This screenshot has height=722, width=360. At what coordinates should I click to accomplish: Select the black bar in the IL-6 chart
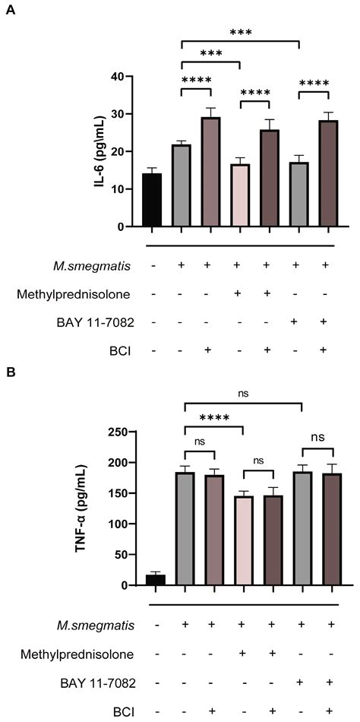[152, 201]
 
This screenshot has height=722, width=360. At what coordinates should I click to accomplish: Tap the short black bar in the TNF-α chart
[155, 580]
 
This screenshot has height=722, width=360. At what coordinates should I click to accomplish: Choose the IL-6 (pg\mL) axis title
[99, 152]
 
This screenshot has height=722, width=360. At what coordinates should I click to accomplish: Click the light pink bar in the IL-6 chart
[241, 195]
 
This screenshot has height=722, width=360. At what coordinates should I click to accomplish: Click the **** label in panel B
[210, 417]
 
